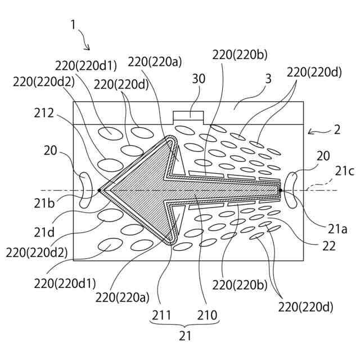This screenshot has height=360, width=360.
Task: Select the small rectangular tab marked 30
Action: point(188,116)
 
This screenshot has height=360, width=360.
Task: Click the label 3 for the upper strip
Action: point(268,79)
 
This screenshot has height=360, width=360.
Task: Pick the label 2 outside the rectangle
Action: point(336,130)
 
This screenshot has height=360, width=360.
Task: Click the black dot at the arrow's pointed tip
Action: point(100,190)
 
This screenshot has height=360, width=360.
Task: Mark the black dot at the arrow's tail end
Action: point(280,190)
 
